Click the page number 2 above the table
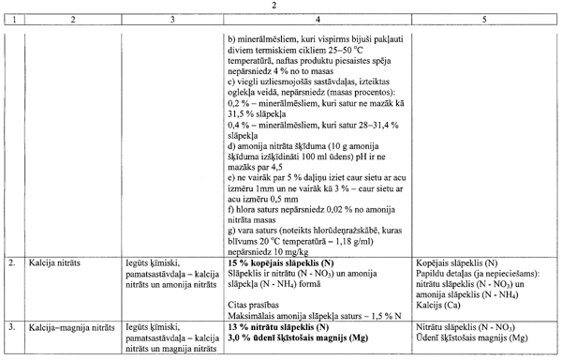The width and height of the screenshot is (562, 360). [x=281, y=7]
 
